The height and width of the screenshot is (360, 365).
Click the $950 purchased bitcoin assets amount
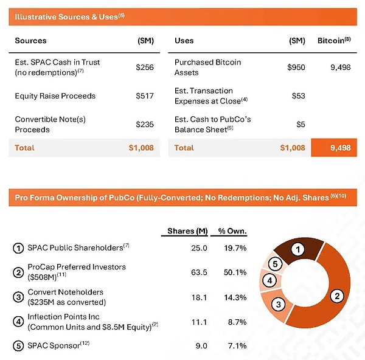(x=296, y=67)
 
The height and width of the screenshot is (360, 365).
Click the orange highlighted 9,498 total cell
(x=333, y=148)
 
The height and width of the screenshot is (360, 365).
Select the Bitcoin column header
(x=334, y=41)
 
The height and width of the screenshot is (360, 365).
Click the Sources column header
(x=30, y=41)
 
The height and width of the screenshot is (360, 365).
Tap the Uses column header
(x=184, y=41)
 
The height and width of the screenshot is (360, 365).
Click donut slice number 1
(x=296, y=249)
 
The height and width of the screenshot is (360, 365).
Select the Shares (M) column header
(x=187, y=231)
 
